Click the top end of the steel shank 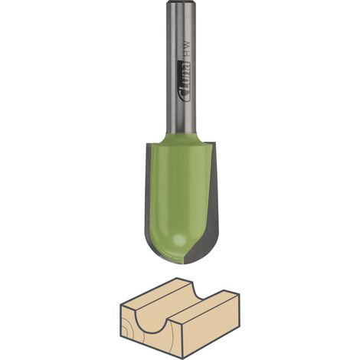[x=181, y=1]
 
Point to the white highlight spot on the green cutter [x=179, y=239]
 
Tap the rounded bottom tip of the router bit [x=183, y=264]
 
